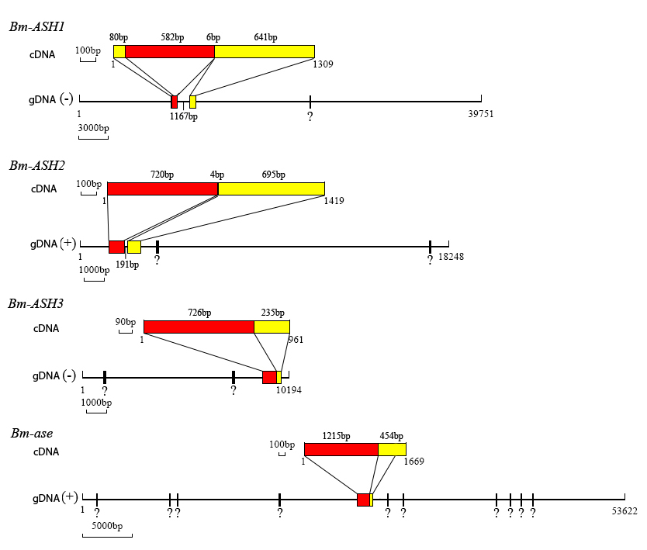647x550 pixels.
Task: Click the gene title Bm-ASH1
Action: click(x=36, y=27)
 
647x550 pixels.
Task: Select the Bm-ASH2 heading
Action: click(x=37, y=165)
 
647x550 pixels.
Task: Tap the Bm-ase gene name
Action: click(x=32, y=433)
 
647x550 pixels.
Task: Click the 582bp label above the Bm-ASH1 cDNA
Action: click(x=172, y=37)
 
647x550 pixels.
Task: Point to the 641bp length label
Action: click(x=266, y=37)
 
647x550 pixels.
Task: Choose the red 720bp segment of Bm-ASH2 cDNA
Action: click(x=163, y=189)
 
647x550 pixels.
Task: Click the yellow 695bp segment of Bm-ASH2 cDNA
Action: click(x=271, y=189)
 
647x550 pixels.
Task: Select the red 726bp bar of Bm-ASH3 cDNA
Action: click(x=199, y=327)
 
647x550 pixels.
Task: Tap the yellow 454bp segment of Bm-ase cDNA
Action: click(x=392, y=449)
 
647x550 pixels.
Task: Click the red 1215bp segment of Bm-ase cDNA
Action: click(x=341, y=449)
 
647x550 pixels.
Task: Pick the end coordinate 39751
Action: click(x=481, y=114)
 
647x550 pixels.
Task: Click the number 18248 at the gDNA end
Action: click(x=451, y=257)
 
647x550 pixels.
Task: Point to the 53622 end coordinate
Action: click(x=625, y=511)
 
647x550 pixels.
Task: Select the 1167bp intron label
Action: click(x=184, y=116)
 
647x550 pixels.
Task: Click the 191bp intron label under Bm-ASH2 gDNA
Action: click(x=127, y=265)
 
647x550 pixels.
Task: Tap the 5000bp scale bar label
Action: click(x=107, y=526)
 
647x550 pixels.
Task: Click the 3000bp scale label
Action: click(x=94, y=128)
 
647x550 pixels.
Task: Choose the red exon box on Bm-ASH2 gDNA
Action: click(x=117, y=247)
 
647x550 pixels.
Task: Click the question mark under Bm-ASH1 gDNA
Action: click(x=310, y=116)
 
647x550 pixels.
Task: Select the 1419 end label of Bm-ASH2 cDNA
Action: click(x=334, y=201)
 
